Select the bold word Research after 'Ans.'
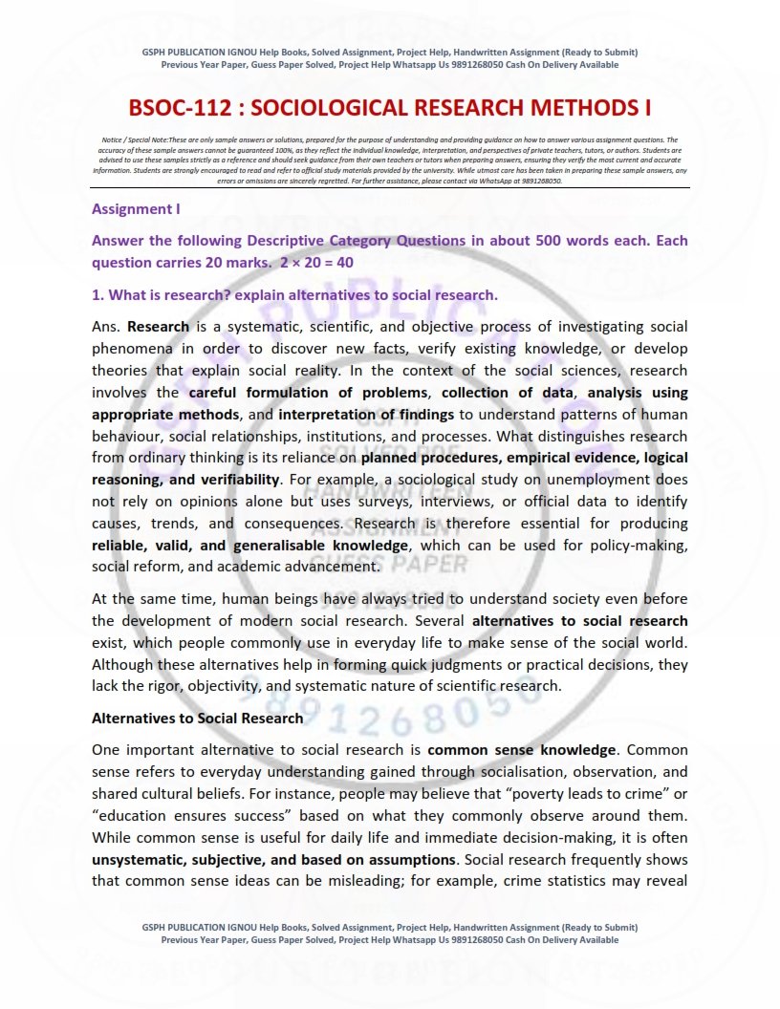coord(154,326)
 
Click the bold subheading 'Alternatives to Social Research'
coord(197,718)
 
